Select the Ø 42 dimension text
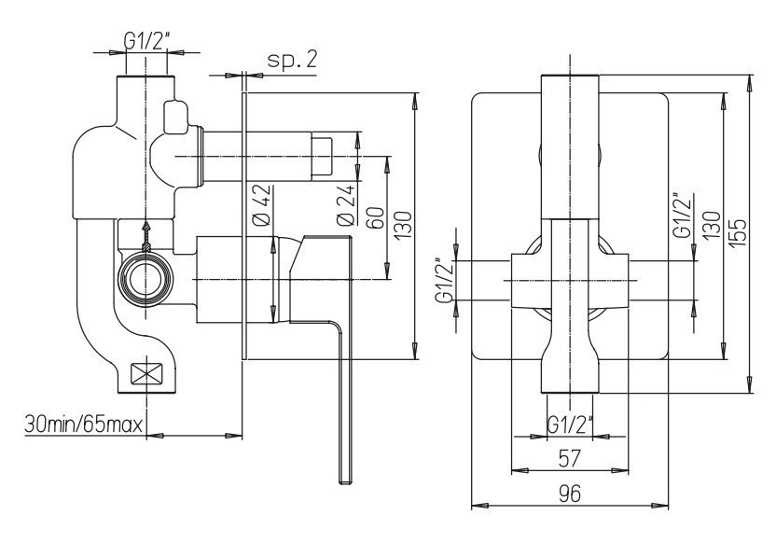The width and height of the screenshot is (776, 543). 261,205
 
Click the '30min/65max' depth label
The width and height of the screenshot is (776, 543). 83,426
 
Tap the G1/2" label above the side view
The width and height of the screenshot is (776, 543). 145,41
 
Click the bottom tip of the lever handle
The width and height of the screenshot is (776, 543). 345,478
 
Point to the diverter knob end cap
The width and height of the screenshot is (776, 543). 323,156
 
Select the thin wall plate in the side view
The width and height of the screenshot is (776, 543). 244,224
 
